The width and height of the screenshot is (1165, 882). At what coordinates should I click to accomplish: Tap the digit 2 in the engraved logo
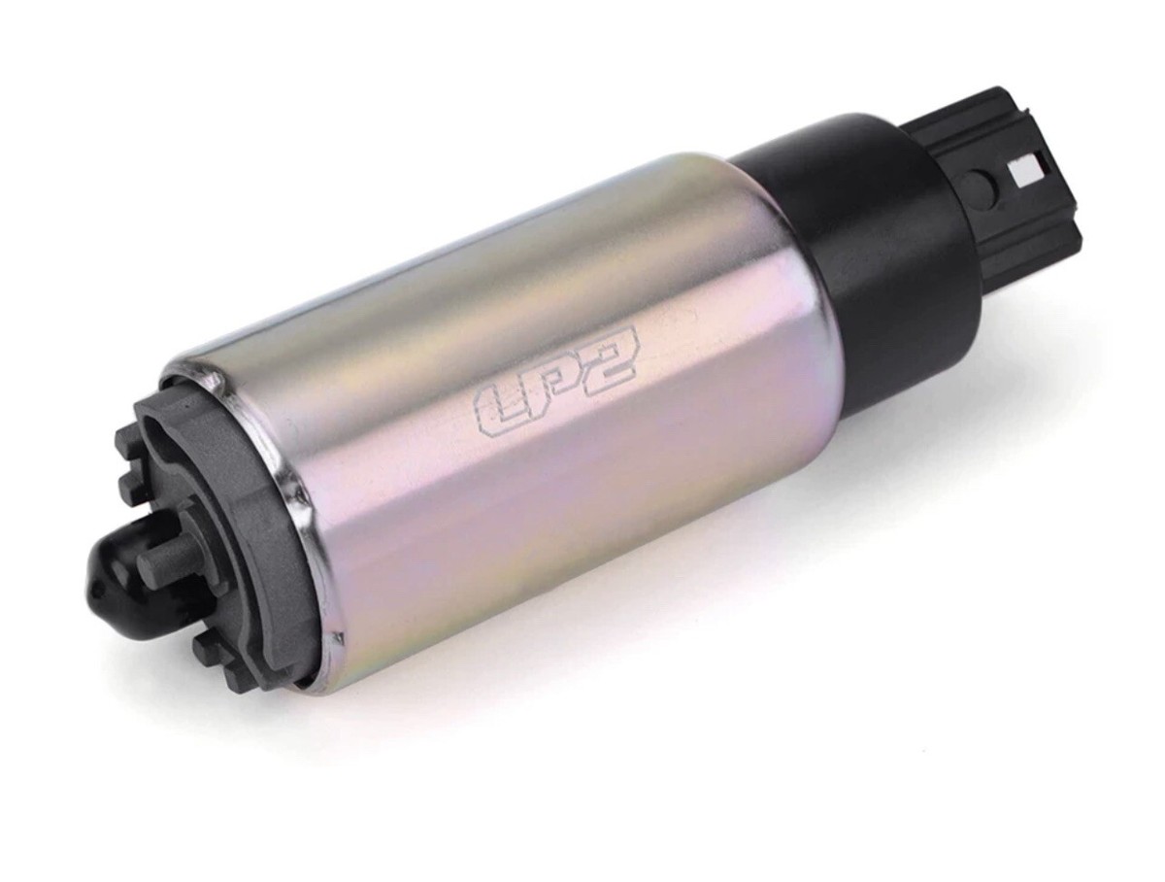click(611, 361)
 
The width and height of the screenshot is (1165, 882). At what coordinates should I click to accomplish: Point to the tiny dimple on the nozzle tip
click(94, 588)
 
